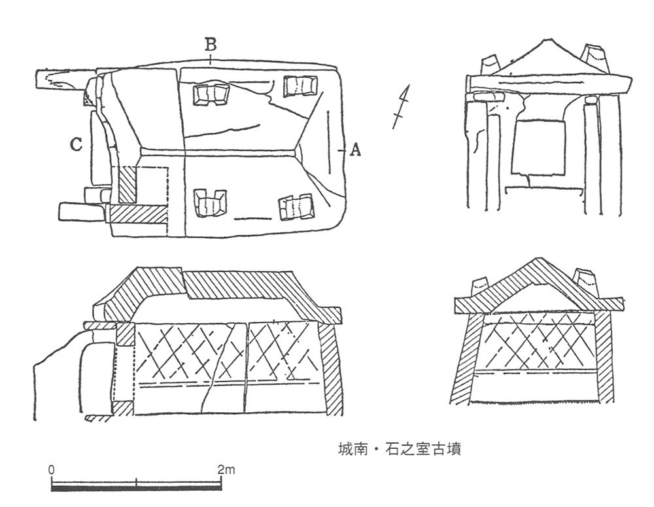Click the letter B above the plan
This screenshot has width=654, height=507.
[211, 44]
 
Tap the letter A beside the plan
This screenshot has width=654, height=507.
[355, 149]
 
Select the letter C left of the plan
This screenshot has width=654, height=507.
[76, 145]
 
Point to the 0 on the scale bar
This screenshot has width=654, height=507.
[51, 470]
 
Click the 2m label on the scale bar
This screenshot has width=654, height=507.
[226, 470]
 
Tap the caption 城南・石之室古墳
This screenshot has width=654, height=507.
[399, 449]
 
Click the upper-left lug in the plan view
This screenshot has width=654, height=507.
[211, 95]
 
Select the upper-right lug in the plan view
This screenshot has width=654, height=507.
[300, 86]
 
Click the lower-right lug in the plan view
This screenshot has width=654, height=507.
[296, 207]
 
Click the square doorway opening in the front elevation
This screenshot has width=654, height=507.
[538, 148]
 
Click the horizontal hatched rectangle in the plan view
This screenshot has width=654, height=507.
[139, 213]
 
